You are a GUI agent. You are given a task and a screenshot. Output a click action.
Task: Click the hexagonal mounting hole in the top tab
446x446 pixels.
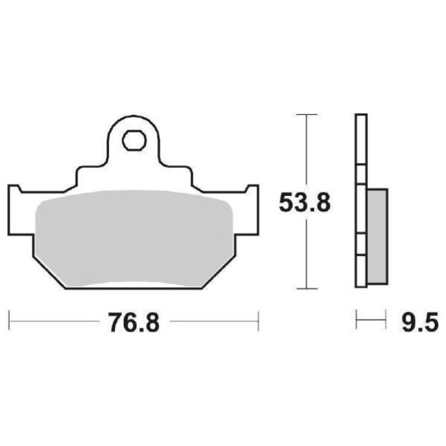pos(133,141)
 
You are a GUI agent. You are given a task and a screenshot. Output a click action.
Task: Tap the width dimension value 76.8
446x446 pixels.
pos(134,323)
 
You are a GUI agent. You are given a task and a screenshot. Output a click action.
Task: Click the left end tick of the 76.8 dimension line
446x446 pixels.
pos(9,321)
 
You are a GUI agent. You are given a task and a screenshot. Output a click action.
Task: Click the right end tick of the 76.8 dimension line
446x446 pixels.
pos(258,321)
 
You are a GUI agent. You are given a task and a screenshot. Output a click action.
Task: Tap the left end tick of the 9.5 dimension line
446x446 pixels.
pos(357,321)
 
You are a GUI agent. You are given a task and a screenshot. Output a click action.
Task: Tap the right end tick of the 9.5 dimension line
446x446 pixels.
pos(386,321)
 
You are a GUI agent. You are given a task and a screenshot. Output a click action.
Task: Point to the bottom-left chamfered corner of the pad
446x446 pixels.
pos(50,274)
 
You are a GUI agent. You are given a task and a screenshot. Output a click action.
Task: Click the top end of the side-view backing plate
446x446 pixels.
pos(361,116)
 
